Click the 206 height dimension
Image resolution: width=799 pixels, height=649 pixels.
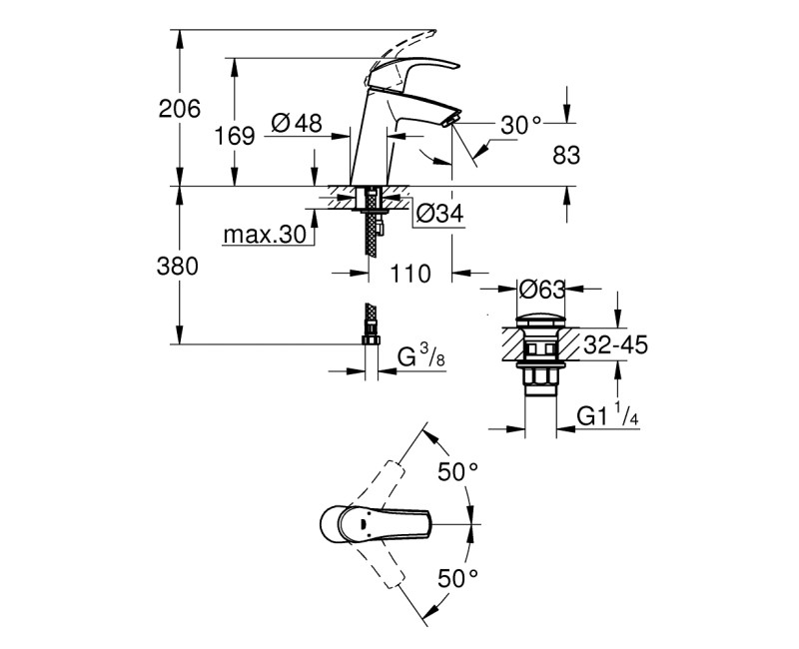point(181,109)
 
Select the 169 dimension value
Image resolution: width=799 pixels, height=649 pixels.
point(236,136)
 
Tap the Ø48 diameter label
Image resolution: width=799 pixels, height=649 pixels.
point(296,124)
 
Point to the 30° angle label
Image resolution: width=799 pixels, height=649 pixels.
point(520,125)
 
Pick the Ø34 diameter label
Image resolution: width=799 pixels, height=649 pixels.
point(436,213)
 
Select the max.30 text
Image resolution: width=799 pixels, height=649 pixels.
point(263,236)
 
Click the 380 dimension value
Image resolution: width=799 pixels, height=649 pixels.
point(180,267)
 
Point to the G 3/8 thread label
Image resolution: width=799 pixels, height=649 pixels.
point(420,357)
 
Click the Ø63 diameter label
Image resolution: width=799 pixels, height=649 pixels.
point(543,290)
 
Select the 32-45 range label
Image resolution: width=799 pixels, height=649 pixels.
point(614,345)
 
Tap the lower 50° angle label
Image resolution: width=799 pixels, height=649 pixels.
point(460,577)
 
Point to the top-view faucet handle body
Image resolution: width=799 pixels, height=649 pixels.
point(375,523)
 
